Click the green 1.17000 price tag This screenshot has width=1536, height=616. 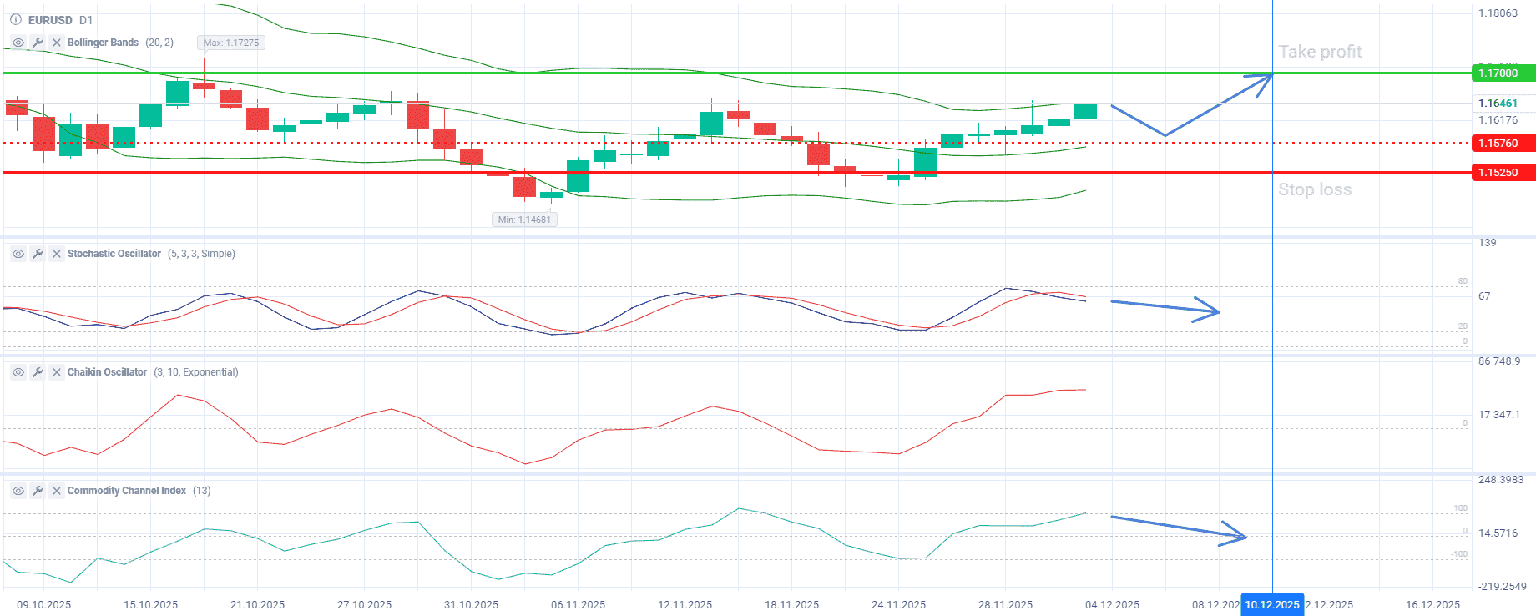[1499, 73]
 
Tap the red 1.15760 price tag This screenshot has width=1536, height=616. [1499, 144]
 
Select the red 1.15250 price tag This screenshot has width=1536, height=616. [1499, 173]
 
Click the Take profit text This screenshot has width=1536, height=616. [1320, 52]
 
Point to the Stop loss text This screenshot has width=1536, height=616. [1315, 189]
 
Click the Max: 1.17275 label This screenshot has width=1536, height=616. [231, 43]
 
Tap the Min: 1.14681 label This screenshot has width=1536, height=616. [524, 220]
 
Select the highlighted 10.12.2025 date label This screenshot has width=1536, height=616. [1272, 604]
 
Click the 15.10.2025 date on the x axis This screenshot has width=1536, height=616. [151, 604]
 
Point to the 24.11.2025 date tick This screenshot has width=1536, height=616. [898, 604]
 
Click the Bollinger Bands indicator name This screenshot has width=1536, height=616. [103, 43]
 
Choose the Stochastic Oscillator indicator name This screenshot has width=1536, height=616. [114, 254]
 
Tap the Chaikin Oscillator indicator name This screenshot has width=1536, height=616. [107, 372]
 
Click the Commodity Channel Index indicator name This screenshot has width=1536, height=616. [127, 491]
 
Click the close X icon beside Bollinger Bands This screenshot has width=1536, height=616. [57, 43]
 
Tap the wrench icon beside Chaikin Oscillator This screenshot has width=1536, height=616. [38, 372]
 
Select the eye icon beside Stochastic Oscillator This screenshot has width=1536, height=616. [18, 254]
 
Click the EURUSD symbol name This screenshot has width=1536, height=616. [50, 20]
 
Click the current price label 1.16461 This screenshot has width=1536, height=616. [1498, 104]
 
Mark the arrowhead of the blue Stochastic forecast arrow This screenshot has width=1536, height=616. [1218, 312]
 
